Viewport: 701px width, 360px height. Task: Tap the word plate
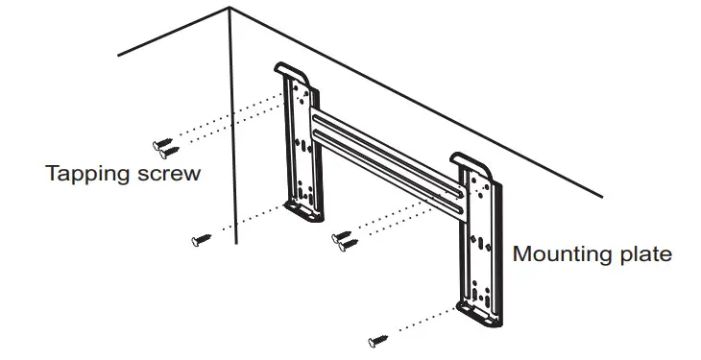click(644, 255)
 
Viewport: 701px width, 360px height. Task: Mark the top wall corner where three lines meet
click(231, 12)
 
